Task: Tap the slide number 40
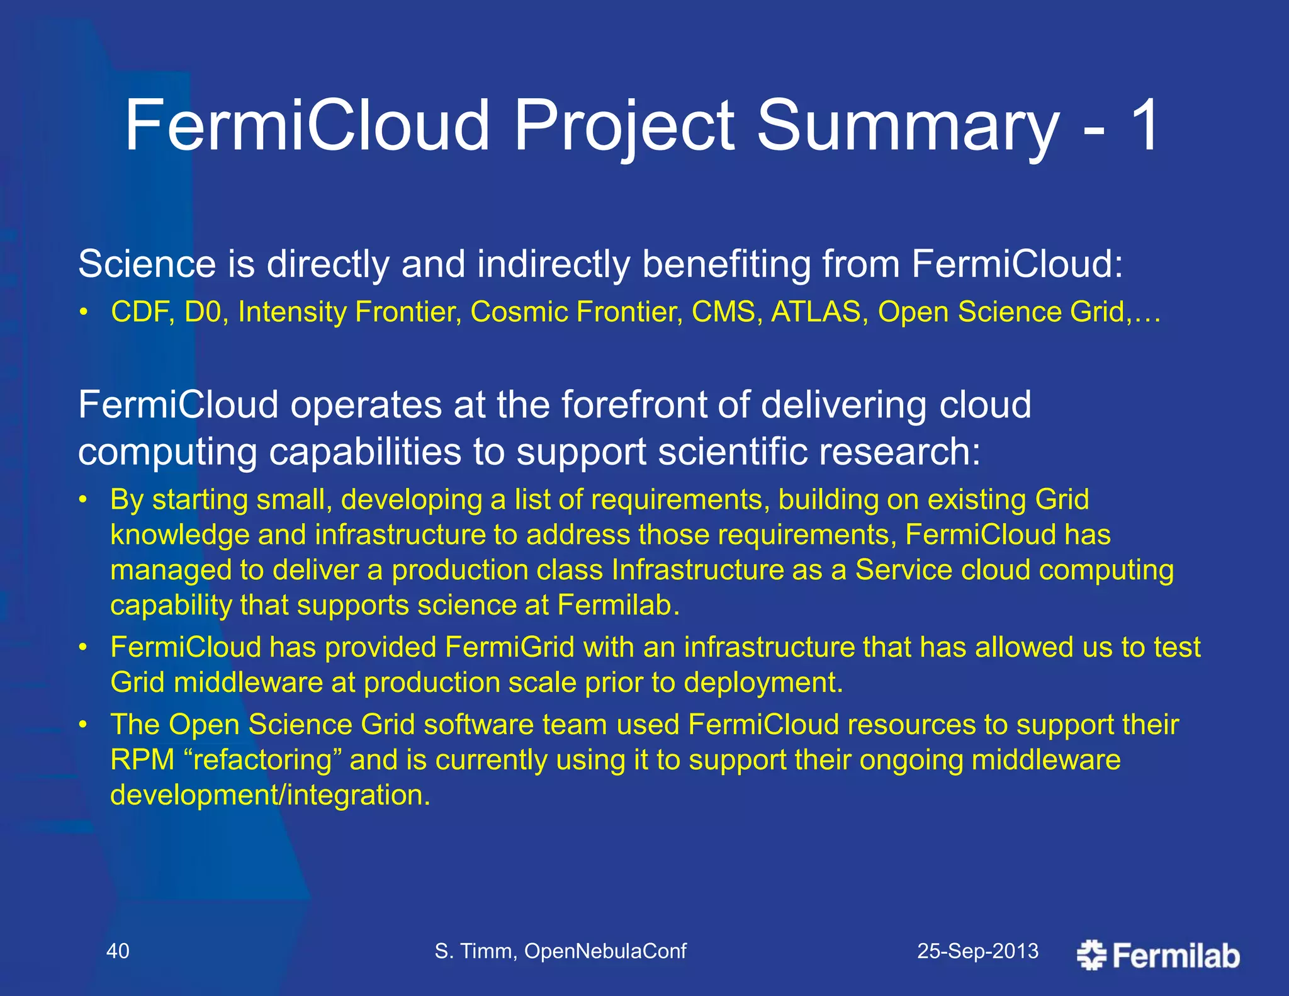click(x=118, y=951)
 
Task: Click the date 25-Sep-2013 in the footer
click(x=977, y=951)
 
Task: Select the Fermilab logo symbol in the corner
click(x=1091, y=955)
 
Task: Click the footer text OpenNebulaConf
click(x=605, y=951)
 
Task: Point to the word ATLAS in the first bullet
click(x=816, y=312)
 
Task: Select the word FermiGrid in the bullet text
click(x=509, y=647)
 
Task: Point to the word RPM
click(x=142, y=760)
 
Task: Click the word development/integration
click(x=270, y=795)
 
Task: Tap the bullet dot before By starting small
click(x=82, y=501)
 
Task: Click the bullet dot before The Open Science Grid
click(x=82, y=725)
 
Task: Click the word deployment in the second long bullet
click(x=762, y=683)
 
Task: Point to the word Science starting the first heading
click(x=147, y=264)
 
